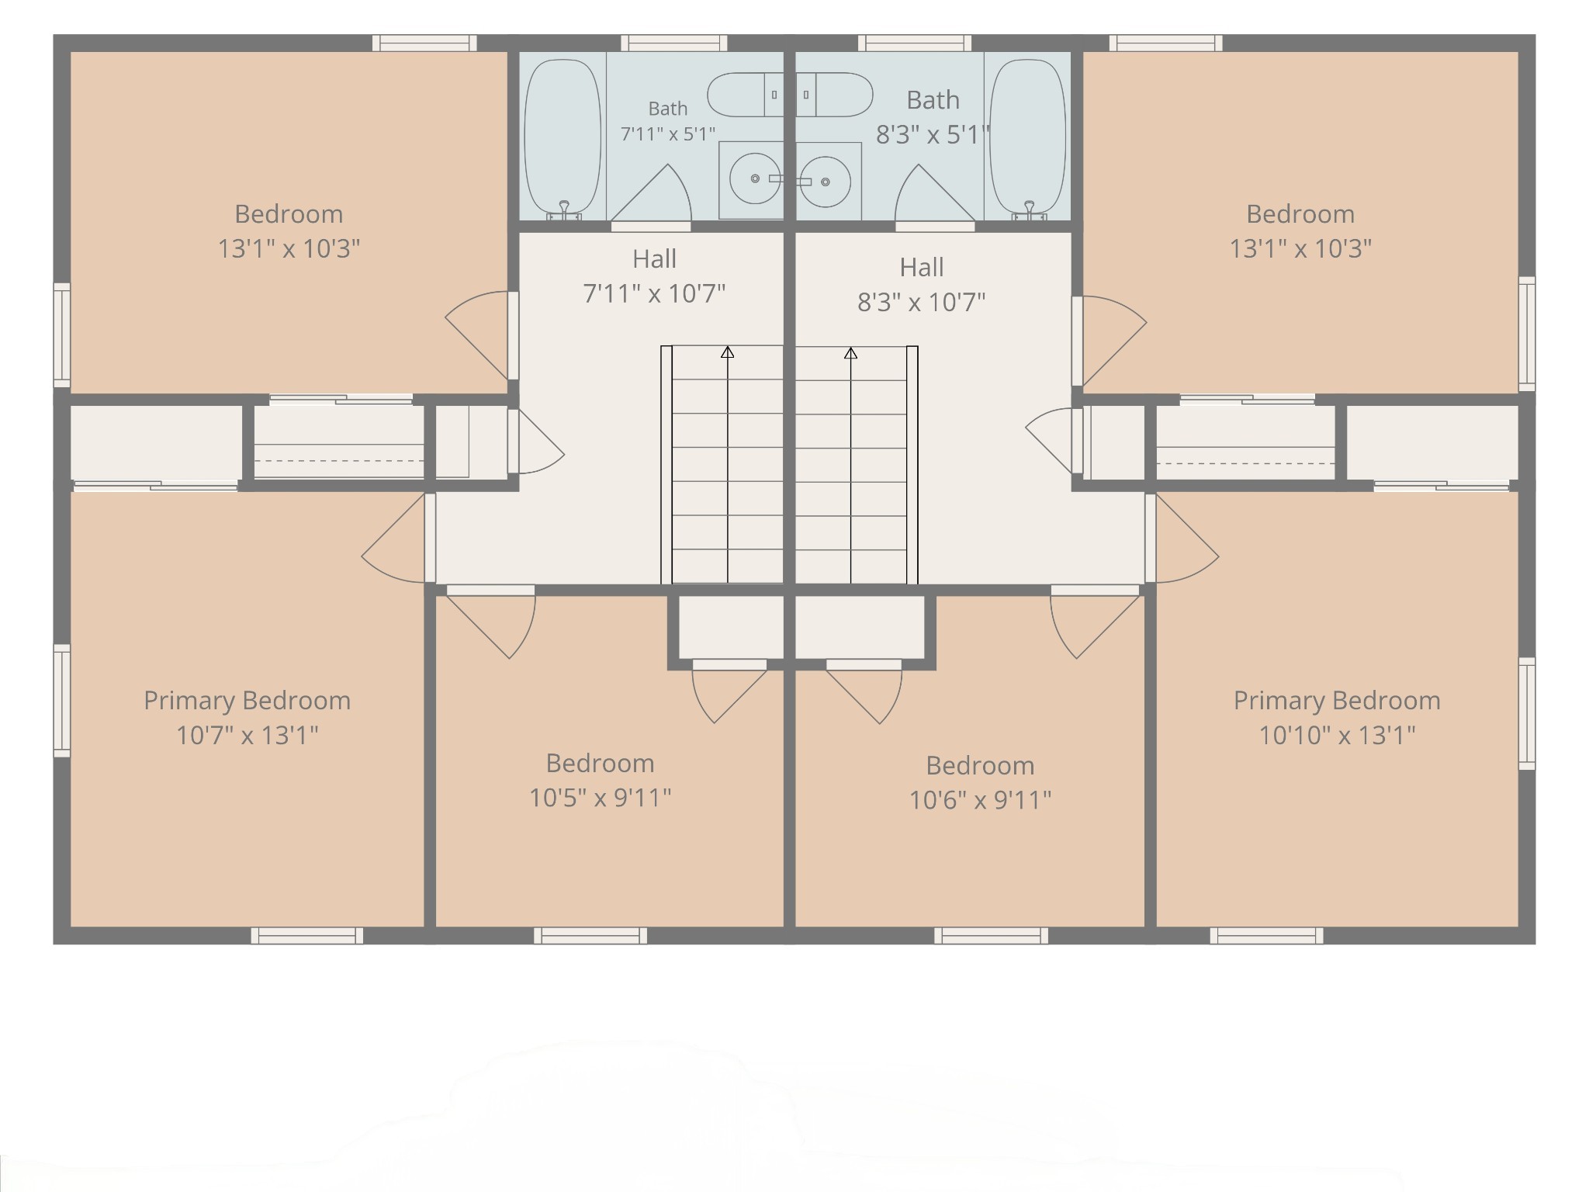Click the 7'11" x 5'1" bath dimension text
click(x=668, y=134)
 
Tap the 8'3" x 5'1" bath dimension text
click(x=933, y=135)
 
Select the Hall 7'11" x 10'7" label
click(x=654, y=275)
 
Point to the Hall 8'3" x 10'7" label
click(x=921, y=284)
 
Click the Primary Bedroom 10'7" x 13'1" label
click(x=248, y=717)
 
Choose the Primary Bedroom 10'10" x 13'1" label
click(x=1337, y=717)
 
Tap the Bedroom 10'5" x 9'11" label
click(x=600, y=780)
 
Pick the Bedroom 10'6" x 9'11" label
click(x=980, y=782)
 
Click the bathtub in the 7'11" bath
click(x=563, y=138)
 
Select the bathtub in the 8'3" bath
click(x=1027, y=137)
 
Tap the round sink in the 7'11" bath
click(x=755, y=178)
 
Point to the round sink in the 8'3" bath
click(x=825, y=182)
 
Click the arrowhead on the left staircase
click(x=727, y=352)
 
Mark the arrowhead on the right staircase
click(x=850, y=353)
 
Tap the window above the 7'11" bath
click(x=673, y=43)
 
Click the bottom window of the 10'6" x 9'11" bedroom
click(x=991, y=935)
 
